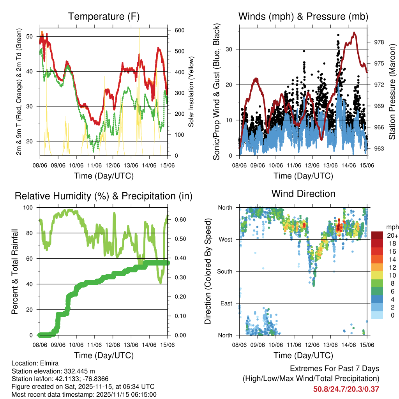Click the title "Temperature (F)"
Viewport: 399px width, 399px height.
click(x=104, y=16)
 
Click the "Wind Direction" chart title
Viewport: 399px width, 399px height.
click(x=303, y=194)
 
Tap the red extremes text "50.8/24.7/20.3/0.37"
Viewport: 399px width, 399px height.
click(x=346, y=389)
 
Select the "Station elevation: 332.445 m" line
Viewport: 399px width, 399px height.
click(x=53, y=371)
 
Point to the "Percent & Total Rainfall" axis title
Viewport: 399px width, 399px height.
click(x=14, y=271)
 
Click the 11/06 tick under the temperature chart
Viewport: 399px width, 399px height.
click(x=95, y=166)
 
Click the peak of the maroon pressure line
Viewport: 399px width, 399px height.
click(x=354, y=33)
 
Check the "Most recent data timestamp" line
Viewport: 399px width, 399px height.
click(x=84, y=394)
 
